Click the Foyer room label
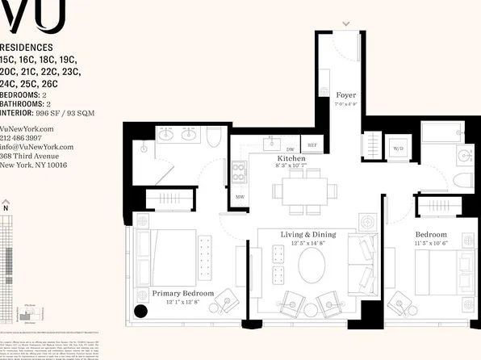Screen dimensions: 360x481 (x=346, y=95)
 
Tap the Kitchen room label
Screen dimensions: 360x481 (x=291, y=160)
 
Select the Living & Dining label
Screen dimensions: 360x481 (x=307, y=235)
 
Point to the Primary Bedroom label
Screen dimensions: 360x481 (x=183, y=293)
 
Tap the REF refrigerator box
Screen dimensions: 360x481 (x=312, y=146)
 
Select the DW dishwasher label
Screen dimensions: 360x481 (x=290, y=149)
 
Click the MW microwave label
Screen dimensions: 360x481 (x=240, y=196)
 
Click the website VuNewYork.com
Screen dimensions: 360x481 (x=27, y=129)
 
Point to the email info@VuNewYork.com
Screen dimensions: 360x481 (x=36, y=147)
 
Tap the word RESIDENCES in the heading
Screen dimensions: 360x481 (x=27, y=48)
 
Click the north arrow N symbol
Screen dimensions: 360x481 (x=6, y=208)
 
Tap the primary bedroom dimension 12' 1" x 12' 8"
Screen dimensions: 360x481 (x=183, y=302)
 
